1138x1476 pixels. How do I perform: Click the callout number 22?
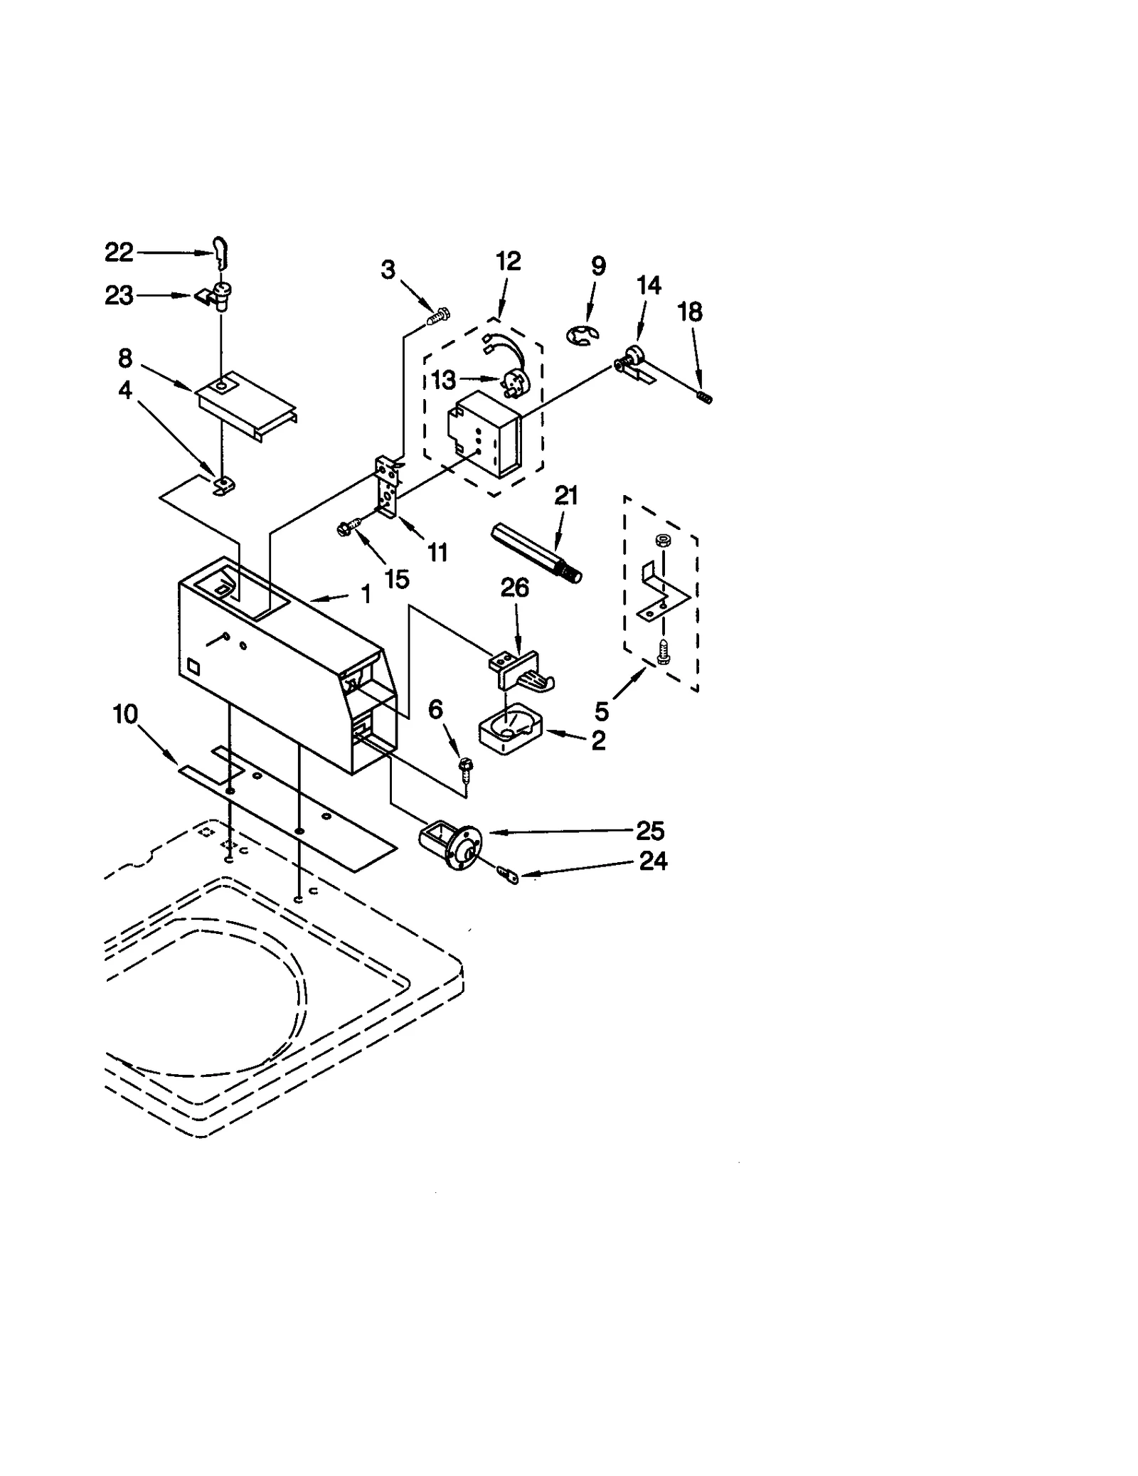coord(119,252)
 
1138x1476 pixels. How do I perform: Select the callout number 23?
coord(119,295)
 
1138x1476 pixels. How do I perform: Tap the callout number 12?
coord(508,261)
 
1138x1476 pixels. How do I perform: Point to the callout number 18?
coord(690,312)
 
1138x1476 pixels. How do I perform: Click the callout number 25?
coord(649,831)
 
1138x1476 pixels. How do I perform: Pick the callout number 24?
coord(653,861)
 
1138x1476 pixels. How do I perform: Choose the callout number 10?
coord(125,713)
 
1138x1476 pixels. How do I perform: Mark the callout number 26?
coord(515,588)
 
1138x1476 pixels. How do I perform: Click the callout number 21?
coord(566,495)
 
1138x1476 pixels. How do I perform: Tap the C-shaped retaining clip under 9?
coord(584,335)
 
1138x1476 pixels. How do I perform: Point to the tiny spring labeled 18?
coord(704,398)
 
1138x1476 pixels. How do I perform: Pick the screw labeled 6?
coord(467,766)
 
